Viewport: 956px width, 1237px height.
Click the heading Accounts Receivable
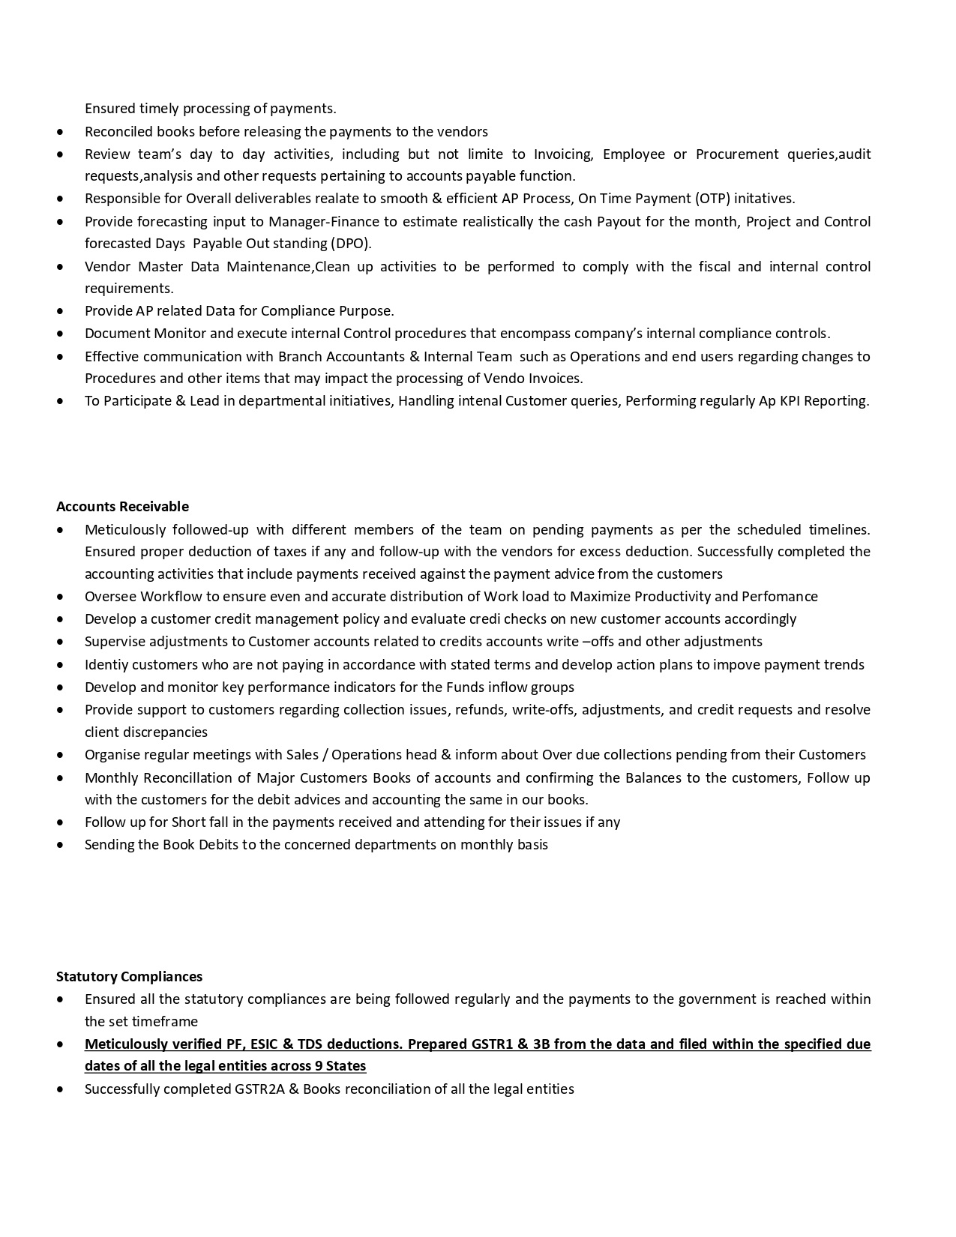(122, 507)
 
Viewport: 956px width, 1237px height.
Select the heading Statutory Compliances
(129, 977)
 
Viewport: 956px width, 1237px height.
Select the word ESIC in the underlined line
(262, 1044)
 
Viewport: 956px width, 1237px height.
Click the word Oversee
(110, 597)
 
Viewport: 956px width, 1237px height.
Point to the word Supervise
(114, 642)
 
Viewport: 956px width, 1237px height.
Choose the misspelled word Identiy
(106, 665)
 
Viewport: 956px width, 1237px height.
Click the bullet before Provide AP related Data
(60, 311)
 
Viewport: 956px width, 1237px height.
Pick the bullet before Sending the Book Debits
(60, 845)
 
